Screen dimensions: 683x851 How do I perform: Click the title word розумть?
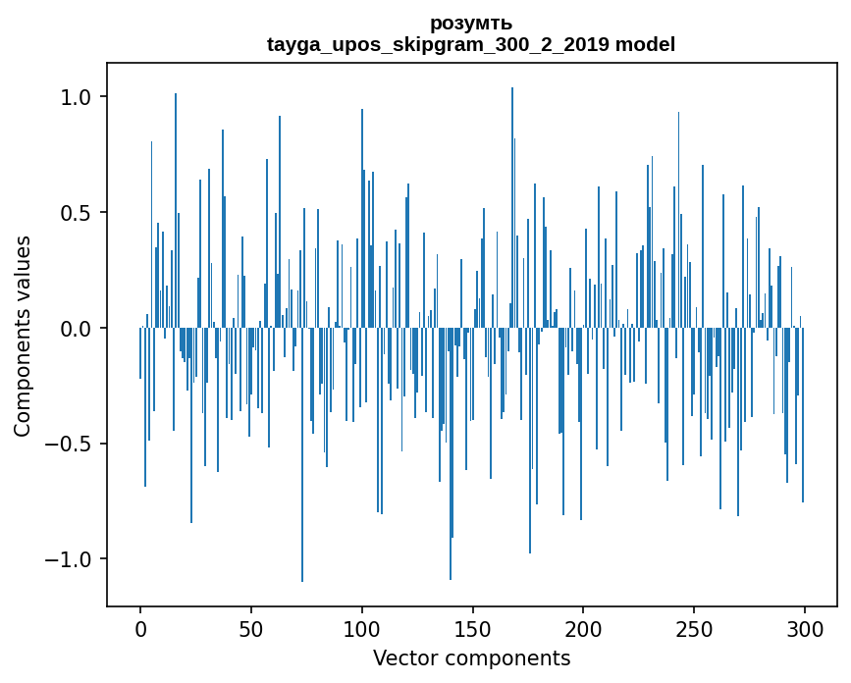coord(471,23)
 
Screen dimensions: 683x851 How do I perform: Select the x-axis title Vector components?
coord(471,657)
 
